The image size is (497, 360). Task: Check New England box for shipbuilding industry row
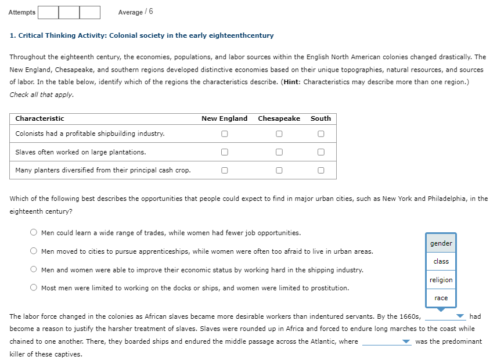[x=224, y=134]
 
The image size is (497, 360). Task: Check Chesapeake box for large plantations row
[x=279, y=152]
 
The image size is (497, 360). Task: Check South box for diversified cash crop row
[x=320, y=171]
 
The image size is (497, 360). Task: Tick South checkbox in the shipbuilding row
[x=320, y=134]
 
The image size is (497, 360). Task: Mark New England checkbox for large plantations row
[x=224, y=152]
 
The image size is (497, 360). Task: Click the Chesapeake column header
[x=279, y=118]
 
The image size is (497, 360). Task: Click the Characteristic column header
[x=39, y=118]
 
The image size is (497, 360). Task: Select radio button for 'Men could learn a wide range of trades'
[x=34, y=233]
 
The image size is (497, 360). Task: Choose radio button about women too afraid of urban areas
[x=34, y=251]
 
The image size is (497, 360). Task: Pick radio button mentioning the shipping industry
[x=34, y=270]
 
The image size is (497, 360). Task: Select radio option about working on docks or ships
[x=34, y=288]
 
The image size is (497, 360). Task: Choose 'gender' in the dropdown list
[x=441, y=243]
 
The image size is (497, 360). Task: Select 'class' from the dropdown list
[x=441, y=261]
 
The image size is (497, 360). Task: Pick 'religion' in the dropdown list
[x=441, y=280]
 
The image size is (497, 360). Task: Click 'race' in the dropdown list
[x=441, y=298]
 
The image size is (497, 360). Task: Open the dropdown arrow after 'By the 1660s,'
[x=460, y=317]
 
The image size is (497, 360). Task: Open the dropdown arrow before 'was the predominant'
[x=406, y=342]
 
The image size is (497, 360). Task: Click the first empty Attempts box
[x=48, y=12]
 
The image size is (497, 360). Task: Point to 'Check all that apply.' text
[x=42, y=94]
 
